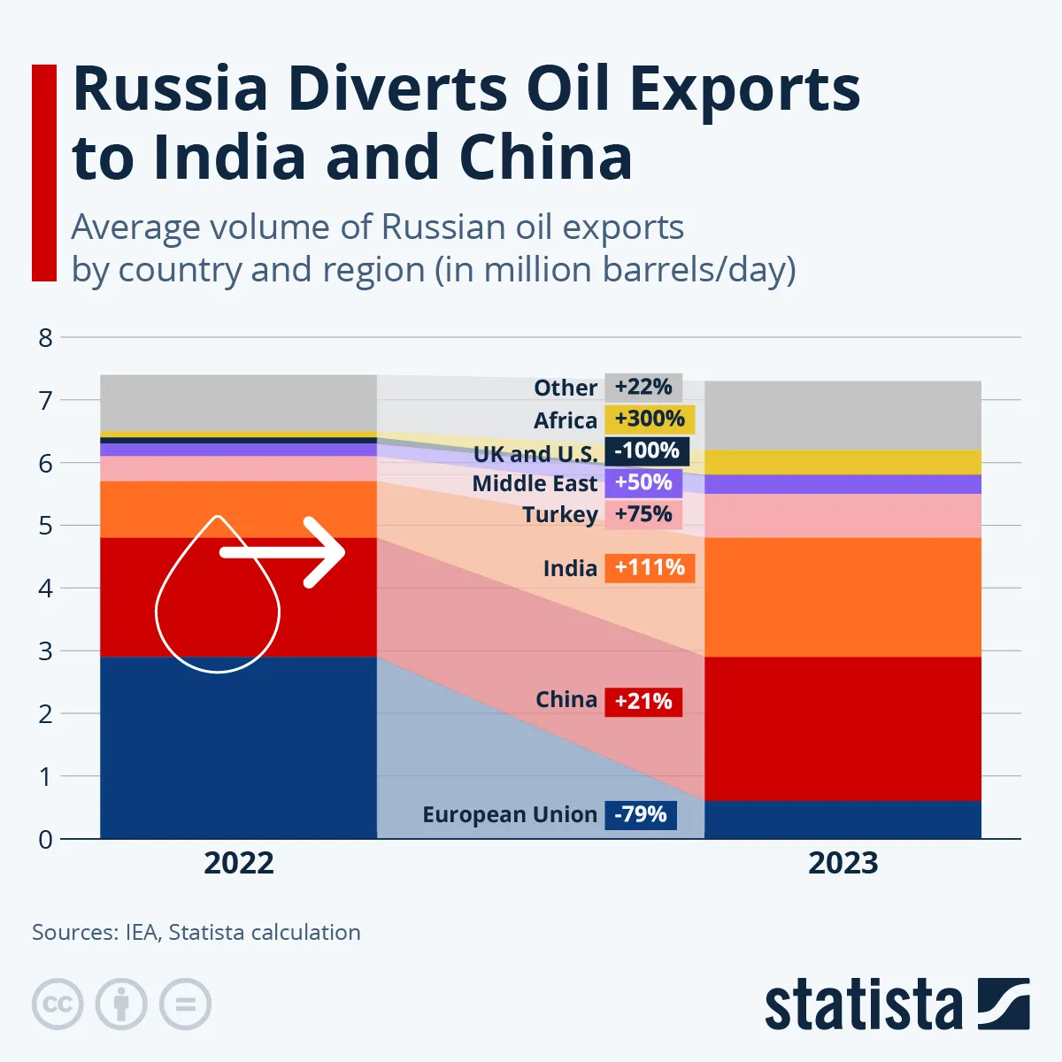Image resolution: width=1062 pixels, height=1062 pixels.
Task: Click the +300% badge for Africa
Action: coord(650,419)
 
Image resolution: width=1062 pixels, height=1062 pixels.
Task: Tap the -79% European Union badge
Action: coord(641,814)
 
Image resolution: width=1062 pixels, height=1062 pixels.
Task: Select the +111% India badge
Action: coord(650,567)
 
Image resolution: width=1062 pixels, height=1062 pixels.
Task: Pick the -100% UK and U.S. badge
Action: coord(647,450)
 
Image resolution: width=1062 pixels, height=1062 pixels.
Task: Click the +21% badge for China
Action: coord(643,701)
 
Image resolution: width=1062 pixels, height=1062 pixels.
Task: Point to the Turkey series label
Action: coord(559,514)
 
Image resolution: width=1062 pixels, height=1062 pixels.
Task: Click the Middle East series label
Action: coord(535,483)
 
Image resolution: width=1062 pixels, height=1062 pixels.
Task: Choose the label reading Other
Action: coord(565,388)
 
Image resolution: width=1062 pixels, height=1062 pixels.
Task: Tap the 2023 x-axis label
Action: coord(843,863)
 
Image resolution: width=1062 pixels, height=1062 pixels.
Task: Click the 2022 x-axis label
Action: coord(239,863)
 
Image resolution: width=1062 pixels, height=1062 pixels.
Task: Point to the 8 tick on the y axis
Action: coord(45,337)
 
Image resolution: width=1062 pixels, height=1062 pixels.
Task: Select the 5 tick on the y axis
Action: coord(45,526)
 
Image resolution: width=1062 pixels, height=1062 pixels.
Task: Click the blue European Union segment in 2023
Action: coord(843,820)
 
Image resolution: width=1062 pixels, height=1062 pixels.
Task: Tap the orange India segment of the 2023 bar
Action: coord(843,597)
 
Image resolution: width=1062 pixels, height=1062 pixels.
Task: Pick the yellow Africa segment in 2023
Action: coord(843,462)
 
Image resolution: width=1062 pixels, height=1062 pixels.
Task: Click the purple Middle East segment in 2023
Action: coord(843,484)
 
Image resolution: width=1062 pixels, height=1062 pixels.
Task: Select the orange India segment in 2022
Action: coord(239,509)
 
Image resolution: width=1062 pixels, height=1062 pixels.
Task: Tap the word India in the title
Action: coord(229,158)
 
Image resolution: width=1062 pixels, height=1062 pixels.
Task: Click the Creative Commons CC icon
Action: coord(58,1004)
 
